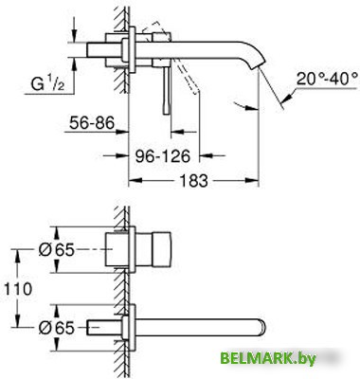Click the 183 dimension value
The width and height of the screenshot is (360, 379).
point(193,180)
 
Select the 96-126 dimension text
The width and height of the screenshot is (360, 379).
point(163,155)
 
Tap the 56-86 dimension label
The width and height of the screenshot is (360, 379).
point(92,123)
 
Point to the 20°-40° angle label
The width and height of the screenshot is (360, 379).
point(327,79)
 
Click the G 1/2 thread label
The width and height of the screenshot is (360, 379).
point(47,83)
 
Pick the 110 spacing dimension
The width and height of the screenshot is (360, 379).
point(18,289)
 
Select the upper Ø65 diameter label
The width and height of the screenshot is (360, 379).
point(57,250)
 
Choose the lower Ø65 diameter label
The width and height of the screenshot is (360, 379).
point(57,328)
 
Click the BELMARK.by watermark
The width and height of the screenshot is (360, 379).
point(268,359)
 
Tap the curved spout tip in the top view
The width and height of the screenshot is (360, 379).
point(257,64)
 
